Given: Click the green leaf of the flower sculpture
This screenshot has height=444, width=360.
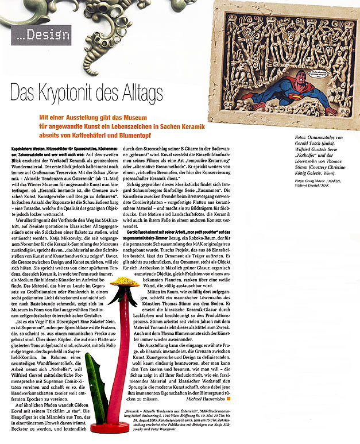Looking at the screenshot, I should [97, 396].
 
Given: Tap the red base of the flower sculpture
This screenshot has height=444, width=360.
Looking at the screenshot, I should [110, 428].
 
